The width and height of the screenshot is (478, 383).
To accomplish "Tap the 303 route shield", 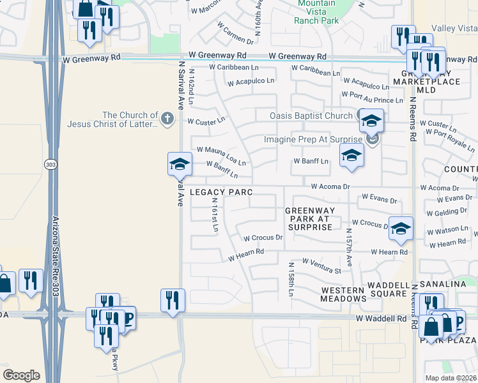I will point(50,165).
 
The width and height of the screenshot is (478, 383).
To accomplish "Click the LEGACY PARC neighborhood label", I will point(221,192).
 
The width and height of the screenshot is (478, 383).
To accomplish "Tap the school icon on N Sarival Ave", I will point(180,164).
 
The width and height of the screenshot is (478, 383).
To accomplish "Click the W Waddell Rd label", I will point(381,318).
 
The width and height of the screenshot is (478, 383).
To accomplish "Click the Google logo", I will point(21,375).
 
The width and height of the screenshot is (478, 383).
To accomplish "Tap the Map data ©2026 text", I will point(451,378).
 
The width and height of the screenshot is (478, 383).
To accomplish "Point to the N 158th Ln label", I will point(291,281).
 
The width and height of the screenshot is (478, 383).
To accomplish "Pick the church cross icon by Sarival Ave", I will point(167,117).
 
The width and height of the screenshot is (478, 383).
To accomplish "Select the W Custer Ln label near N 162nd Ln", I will point(206,120).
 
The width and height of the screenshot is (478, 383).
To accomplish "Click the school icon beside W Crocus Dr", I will point(401,229).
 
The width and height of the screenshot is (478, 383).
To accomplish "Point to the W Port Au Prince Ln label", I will point(373,100).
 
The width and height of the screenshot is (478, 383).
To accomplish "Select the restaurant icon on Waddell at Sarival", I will point(173,299).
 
